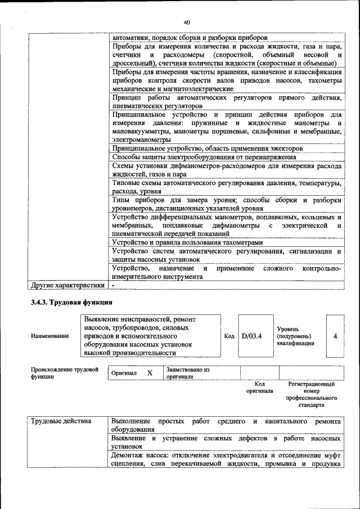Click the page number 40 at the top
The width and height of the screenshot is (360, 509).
pos(186,22)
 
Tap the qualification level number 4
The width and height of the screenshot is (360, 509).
pos(335,336)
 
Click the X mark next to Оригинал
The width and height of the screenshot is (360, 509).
pos(150,373)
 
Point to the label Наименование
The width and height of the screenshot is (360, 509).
pos(50,336)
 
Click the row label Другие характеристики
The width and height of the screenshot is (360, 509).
pos(68,286)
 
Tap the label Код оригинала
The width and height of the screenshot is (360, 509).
pos(259,387)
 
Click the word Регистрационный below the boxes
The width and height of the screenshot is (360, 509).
pos(311,384)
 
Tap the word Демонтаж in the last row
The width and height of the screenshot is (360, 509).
pos(128,455)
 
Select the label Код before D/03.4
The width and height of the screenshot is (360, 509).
pos(229,336)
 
